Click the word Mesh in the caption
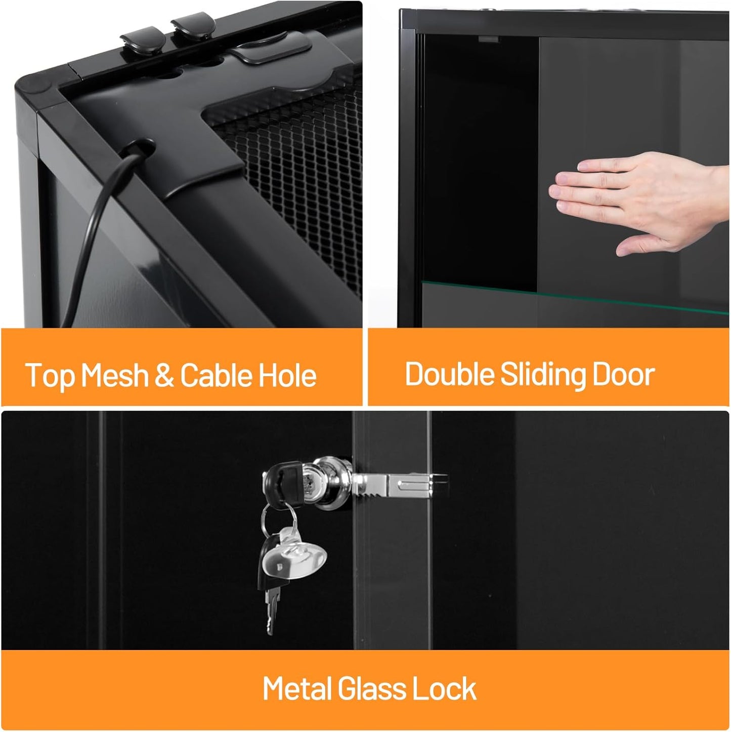(114, 376)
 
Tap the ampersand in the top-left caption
(164, 376)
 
